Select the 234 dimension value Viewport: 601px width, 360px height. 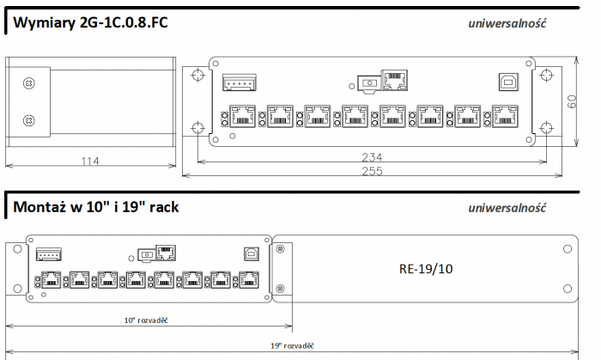tap(373, 157)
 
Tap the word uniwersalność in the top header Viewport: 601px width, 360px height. tap(507, 25)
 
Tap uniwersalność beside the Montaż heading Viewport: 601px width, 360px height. tap(507, 209)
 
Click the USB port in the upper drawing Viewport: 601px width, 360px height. tap(507, 82)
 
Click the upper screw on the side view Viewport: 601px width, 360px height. tap(28, 82)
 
